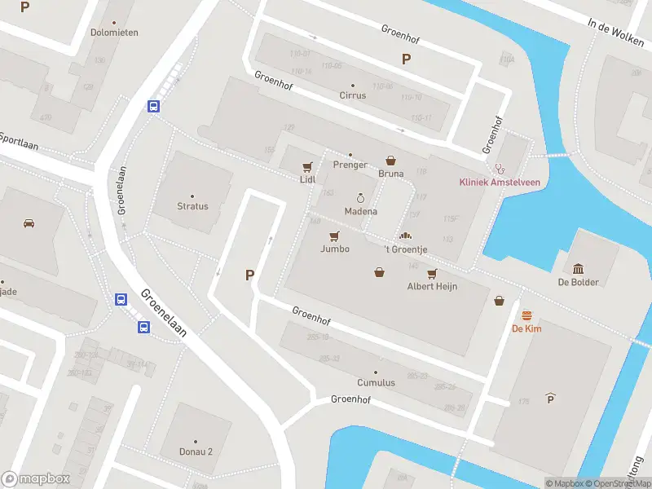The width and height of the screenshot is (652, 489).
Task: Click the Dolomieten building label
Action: click(113, 33)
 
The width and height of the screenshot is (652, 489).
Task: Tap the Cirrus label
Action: click(353, 95)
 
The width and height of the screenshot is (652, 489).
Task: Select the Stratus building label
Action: click(192, 206)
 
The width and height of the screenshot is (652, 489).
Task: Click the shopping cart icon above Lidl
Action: click(307, 165)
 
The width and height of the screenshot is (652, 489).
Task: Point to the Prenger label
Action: click(350, 165)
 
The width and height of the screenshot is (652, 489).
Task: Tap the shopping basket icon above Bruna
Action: click(390, 161)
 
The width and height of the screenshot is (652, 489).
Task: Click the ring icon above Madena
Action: click(360, 198)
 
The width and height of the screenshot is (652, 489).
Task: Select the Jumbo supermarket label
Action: click(334, 249)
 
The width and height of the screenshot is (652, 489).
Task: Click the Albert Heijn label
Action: click(432, 286)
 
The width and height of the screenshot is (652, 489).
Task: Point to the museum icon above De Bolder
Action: click(579, 269)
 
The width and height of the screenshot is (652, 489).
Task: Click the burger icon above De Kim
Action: click(527, 315)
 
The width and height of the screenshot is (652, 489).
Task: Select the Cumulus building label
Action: click(376, 382)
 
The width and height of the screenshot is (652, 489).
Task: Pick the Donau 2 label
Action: click(196, 452)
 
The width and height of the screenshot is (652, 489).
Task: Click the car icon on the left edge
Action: click(29, 222)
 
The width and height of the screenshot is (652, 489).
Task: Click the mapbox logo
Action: click(36, 479)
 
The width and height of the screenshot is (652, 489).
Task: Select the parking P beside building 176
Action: click(551, 399)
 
